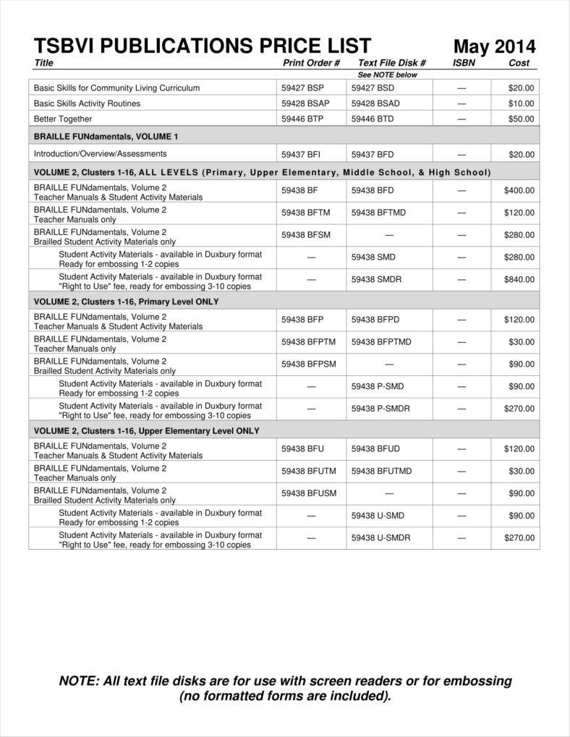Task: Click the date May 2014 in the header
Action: click(494, 47)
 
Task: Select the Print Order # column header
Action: click(311, 63)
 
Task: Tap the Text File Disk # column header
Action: click(391, 63)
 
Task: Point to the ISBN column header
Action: click(464, 63)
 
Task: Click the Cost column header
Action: click(519, 63)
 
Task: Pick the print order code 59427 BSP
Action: click(302, 88)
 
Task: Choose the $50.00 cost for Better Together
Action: click(520, 119)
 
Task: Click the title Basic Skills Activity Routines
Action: click(87, 103)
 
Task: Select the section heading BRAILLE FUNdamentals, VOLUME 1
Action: click(106, 136)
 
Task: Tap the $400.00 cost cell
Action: click(519, 191)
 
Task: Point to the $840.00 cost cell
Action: click(519, 280)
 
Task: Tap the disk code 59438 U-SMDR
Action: click(380, 538)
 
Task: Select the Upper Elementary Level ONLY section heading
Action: click(147, 430)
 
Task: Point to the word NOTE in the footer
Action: click(78, 681)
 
